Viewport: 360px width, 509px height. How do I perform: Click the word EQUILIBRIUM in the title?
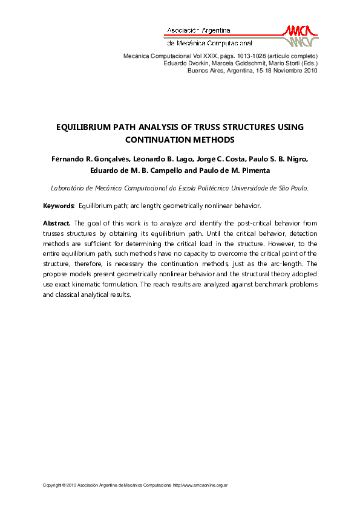(x=85, y=128)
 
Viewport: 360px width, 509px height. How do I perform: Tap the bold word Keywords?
(x=59, y=206)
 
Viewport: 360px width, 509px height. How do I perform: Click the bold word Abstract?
(x=57, y=223)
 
